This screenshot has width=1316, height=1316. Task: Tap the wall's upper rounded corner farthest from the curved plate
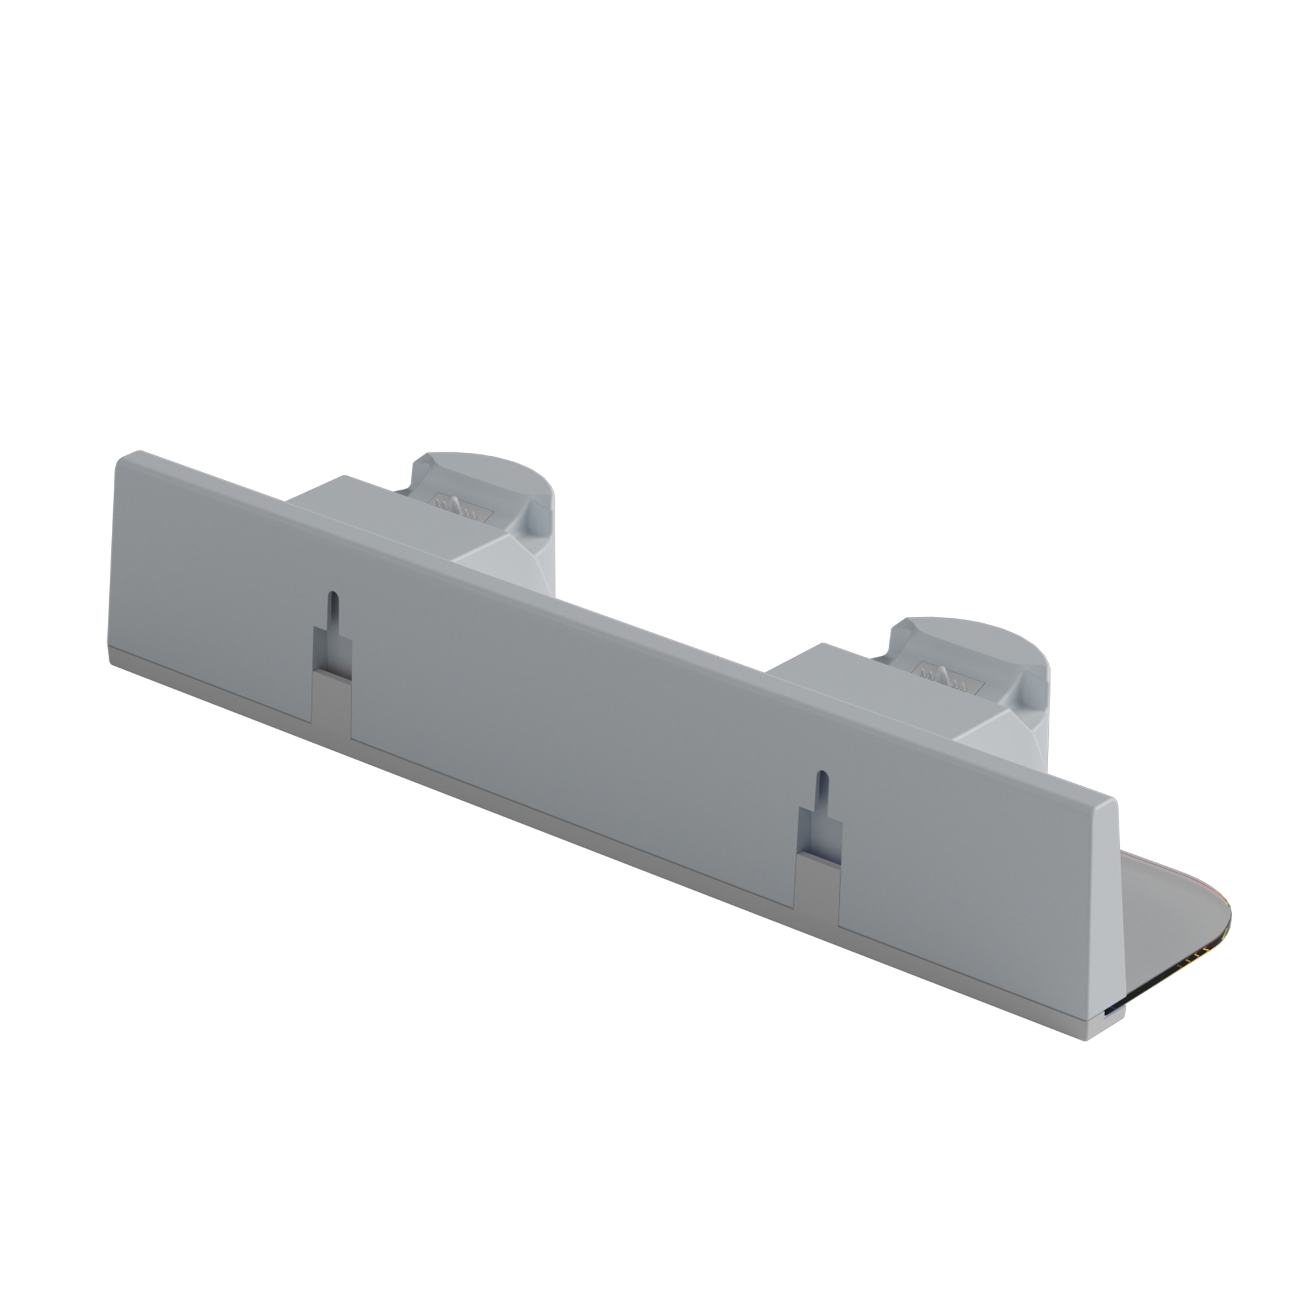click(x=129, y=458)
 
